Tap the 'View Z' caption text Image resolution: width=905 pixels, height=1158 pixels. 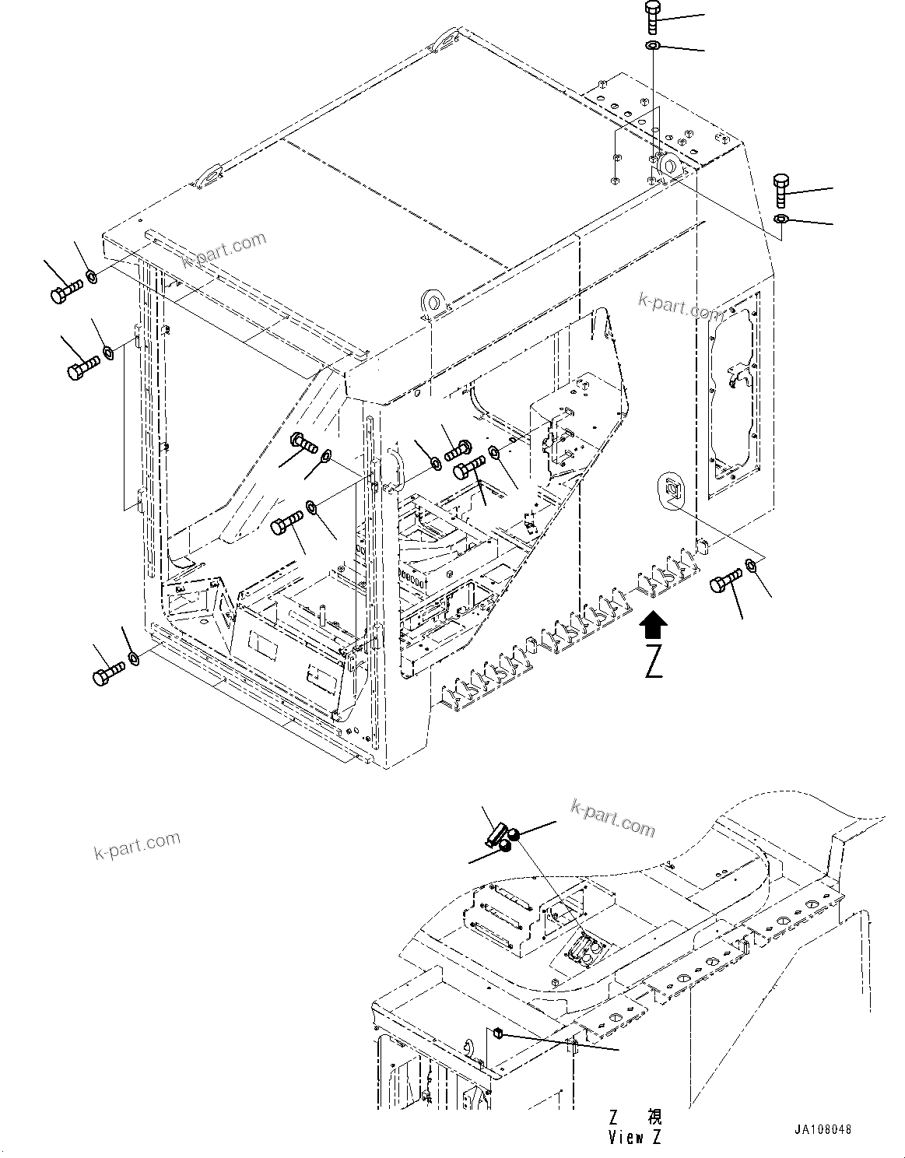click(634, 1137)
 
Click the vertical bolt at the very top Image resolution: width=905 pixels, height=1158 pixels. click(652, 18)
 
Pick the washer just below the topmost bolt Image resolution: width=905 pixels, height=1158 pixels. click(653, 47)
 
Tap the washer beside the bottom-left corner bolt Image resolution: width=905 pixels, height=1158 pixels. click(134, 659)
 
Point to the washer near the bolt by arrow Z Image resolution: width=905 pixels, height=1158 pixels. click(752, 564)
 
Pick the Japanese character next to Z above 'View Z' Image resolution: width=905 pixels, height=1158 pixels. click(652, 1118)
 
